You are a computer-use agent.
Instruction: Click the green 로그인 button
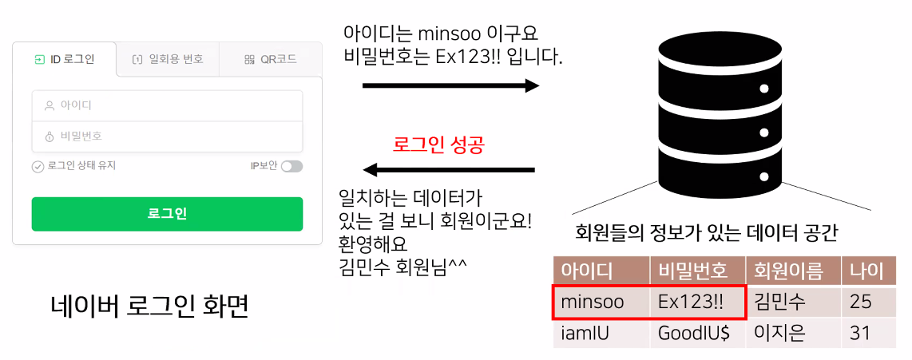[x=167, y=214]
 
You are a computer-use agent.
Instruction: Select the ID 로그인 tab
[x=65, y=59]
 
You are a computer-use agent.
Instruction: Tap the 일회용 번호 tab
[x=168, y=59]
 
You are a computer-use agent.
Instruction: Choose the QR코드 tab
[x=271, y=59]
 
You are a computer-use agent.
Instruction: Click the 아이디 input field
[x=167, y=105]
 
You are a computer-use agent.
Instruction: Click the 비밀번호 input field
[x=167, y=136]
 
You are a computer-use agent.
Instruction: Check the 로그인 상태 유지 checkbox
[x=38, y=167]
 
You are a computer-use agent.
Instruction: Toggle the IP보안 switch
[x=291, y=166]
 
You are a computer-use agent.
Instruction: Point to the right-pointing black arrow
[x=450, y=85]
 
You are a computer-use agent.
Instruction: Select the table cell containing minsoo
[x=601, y=302]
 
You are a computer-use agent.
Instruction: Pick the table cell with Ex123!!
[x=696, y=302]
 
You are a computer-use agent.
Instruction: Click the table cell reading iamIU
[x=601, y=333]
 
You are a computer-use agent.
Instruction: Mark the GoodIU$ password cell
[x=696, y=333]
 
